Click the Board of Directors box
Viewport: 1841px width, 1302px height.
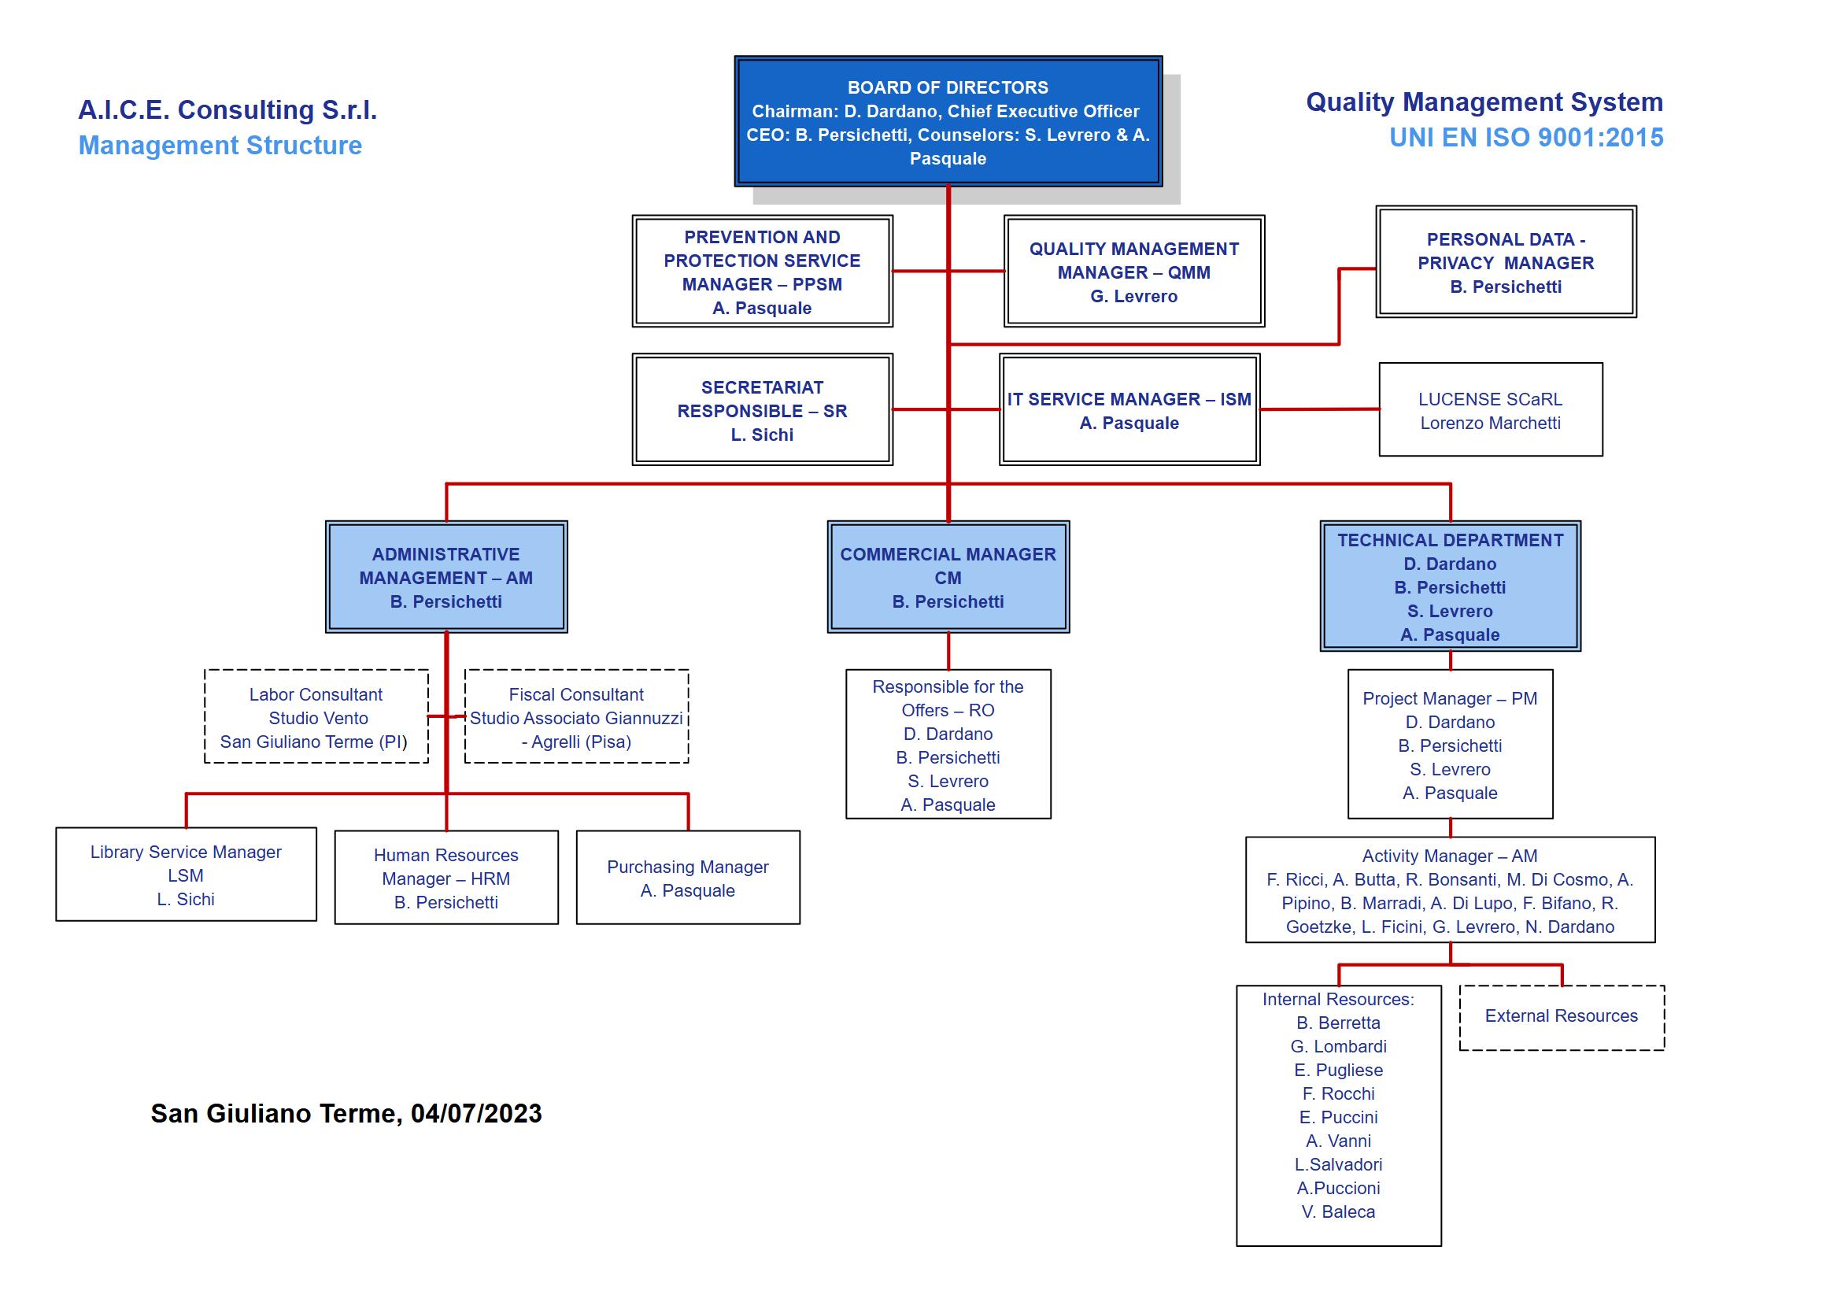[x=948, y=121]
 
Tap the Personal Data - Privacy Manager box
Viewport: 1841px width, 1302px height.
[x=1506, y=261]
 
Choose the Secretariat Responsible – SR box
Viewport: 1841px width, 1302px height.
[x=762, y=409]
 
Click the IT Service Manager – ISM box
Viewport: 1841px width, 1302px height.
[x=1129, y=409]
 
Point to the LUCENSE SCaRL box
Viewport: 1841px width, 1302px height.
[x=1491, y=409]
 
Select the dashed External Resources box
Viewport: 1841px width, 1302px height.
[x=1561, y=1017]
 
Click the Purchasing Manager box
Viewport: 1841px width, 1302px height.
[x=688, y=877]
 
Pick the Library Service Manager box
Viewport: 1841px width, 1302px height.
[x=186, y=874]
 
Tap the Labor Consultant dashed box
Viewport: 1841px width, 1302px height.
[x=316, y=716]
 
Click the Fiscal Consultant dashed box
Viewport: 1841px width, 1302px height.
[x=576, y=716]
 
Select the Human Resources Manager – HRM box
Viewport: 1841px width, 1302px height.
[x=446, y=877]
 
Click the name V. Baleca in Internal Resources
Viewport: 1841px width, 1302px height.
[x=1338, y=1211]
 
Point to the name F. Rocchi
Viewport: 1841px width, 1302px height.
[x=1338, y=1093]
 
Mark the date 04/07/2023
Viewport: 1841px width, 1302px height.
[x=476, y=1113]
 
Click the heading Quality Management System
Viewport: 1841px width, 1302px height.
[x=1484, y=102]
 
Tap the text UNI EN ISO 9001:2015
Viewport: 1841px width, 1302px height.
[x=1526, y=137]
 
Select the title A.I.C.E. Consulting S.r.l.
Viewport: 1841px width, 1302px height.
[x=227, y=109]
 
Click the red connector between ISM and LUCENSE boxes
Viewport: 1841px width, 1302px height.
[x=1320, y=409]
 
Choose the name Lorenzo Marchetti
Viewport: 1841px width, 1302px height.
[x=1491, y=423]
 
